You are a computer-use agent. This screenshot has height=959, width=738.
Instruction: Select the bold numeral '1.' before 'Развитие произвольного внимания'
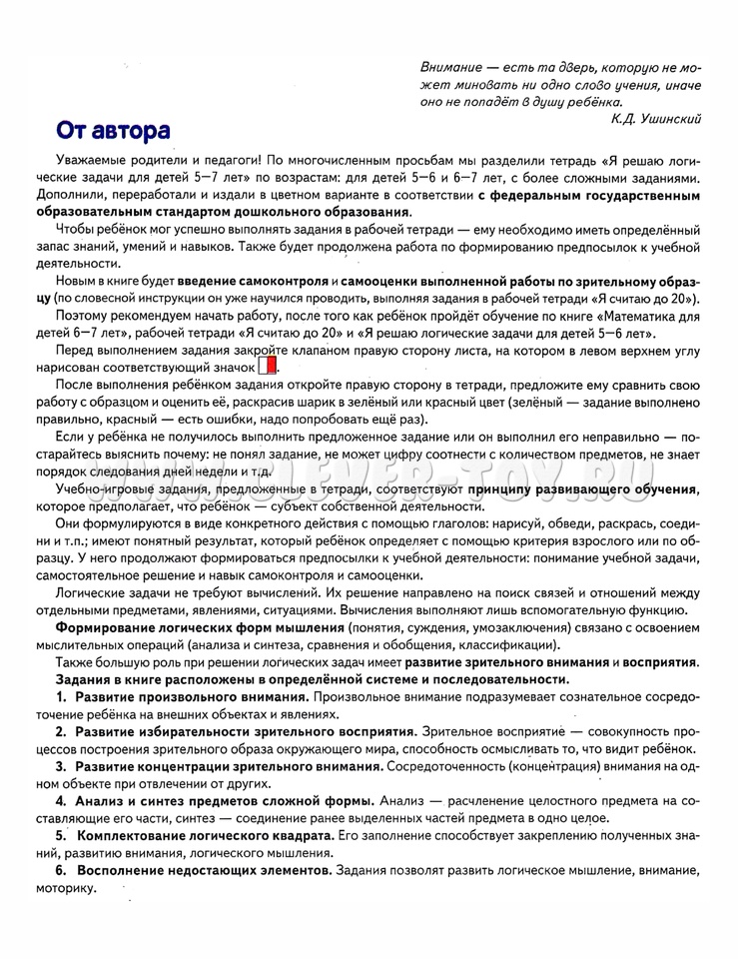pyautogui.click(x=61, y=695)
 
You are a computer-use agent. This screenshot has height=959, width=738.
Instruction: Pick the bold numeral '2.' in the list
pyautogui.click(x=61, y=731)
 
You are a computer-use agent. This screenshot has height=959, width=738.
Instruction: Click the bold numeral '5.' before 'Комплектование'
pyautogui.click(x=61, y=835)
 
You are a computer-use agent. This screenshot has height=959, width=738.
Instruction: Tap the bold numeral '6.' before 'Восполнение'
pyautogui.click(x=61, y=871)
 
